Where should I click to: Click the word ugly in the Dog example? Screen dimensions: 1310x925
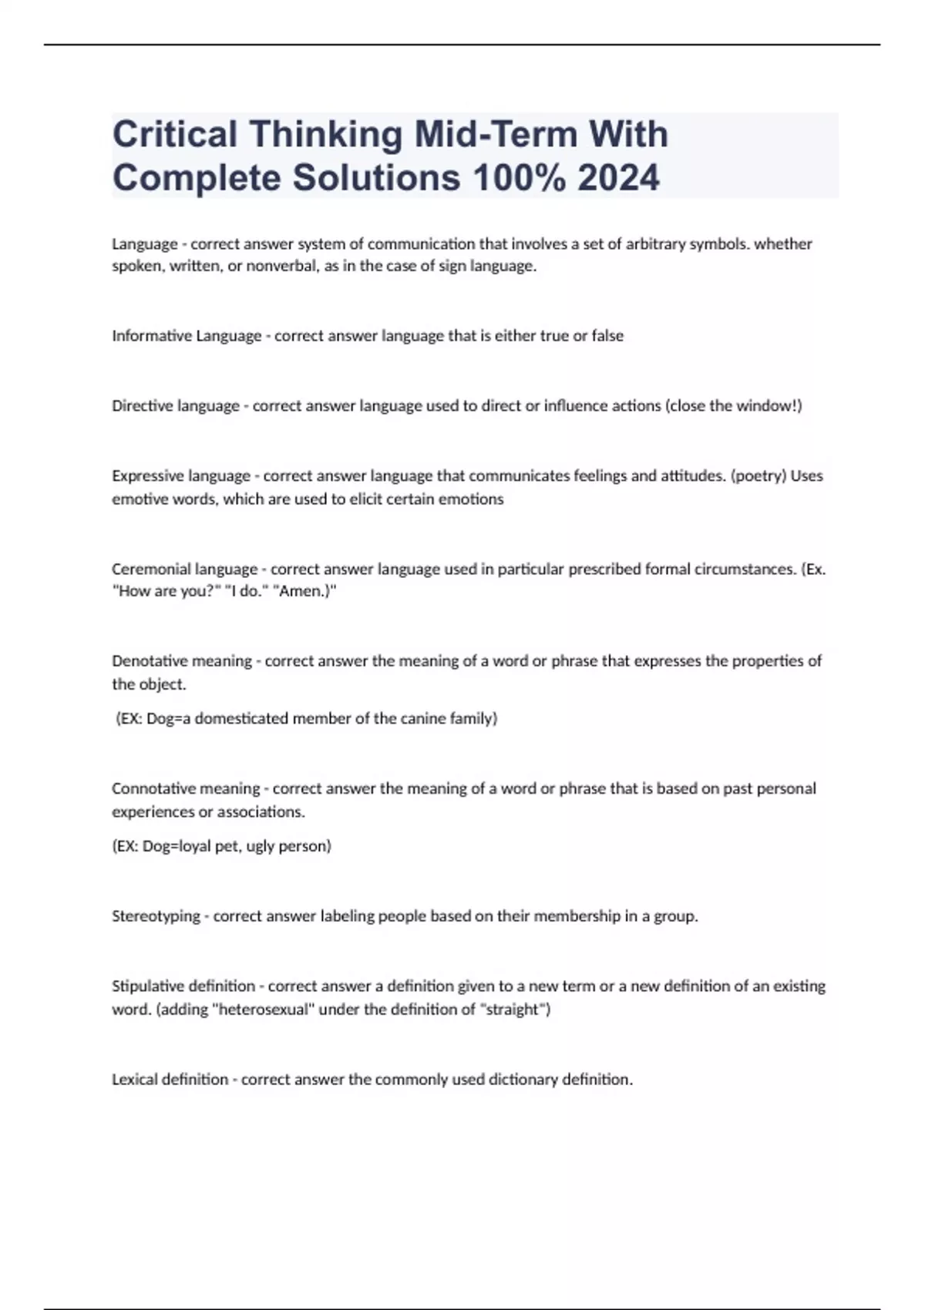[x=261, y=846]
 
